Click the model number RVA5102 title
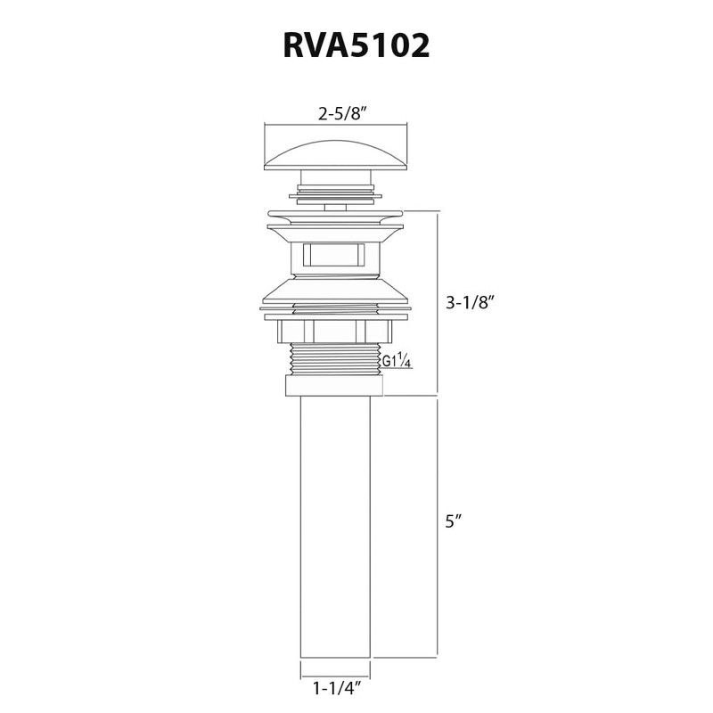coord(356,45)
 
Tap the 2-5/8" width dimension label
coord(342,114)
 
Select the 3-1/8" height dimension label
coord(470,302)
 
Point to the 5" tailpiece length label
coord(454,521)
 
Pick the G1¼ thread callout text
coord(397,361)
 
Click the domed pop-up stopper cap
coord(336,156)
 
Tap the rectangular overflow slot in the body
coord(333,255)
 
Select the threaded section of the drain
coord(335,359)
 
